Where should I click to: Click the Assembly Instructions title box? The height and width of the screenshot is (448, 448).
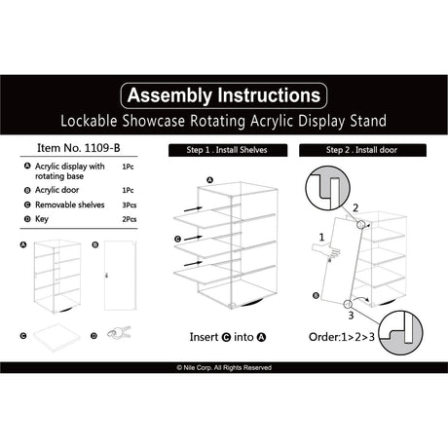pos(223,95)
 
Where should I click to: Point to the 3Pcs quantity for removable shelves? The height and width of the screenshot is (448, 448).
pos(129,206)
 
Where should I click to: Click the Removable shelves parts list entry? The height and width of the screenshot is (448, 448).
pos(72,206)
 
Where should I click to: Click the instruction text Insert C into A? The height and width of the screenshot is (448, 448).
pos(223,338)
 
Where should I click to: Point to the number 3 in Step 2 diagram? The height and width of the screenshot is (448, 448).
pos(349,315)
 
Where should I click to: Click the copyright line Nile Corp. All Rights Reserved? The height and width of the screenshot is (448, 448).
pos(223,367)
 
